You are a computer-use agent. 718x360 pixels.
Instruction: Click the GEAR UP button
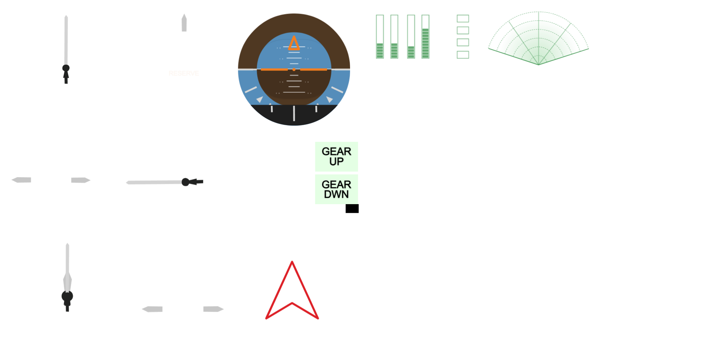336,156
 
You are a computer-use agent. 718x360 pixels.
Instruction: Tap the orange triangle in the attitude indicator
294,43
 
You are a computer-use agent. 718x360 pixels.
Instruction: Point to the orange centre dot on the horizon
294,70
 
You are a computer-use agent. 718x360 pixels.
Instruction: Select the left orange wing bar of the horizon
274,70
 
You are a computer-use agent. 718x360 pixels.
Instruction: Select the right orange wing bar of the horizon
314,70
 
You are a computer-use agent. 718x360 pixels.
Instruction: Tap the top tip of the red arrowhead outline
292,262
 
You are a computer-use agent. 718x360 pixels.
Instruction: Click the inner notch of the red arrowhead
292,303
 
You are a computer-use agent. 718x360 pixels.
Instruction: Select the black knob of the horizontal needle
185,182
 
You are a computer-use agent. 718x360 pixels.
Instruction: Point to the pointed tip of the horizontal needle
126,182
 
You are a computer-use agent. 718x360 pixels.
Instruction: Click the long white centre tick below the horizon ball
294,113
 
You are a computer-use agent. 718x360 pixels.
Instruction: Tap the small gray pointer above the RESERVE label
184,23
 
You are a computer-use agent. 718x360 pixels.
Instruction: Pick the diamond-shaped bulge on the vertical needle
67,280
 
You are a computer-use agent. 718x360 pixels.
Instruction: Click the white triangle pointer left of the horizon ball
260,99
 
